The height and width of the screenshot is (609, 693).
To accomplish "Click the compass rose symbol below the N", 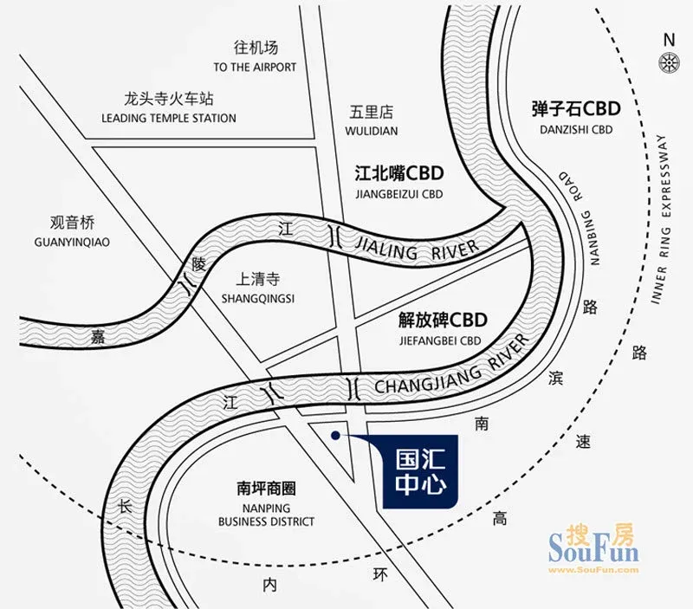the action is coord(669,62).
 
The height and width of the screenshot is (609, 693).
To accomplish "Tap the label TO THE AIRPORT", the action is coord(255,68).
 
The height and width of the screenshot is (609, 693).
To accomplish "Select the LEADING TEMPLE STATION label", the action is coord(169,119).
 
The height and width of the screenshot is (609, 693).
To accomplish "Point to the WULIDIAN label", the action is coord(372,132).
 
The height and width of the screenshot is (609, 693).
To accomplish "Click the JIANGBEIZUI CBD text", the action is coord(399,194).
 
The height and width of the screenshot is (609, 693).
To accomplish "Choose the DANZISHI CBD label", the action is coord(576,129).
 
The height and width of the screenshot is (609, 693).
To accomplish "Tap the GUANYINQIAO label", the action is coord(72,243).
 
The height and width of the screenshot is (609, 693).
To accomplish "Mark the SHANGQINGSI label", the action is coord(257,299).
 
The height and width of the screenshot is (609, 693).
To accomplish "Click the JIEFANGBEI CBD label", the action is coord(440,340).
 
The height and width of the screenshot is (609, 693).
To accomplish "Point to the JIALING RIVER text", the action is coord(417,250).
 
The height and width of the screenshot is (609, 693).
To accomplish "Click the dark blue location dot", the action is coord(335,436).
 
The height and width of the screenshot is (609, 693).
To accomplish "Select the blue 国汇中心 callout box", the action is coord(420,472).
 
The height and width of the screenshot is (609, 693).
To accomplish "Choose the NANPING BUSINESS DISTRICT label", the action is coord(267,515).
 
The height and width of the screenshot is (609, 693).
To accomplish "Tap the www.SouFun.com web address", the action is coord(593,570).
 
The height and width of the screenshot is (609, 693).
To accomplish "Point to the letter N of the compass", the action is coord(669,40).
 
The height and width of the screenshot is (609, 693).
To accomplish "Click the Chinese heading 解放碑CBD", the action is coord(443,320).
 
